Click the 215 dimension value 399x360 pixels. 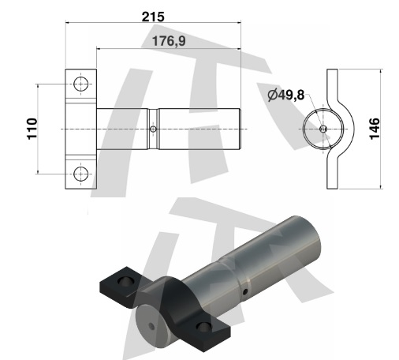click(153, 17)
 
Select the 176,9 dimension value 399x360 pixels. click(169, 41)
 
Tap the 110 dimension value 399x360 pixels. click(32, 129)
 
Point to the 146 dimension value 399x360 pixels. click(375, 129)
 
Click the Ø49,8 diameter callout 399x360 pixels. click(286, 95)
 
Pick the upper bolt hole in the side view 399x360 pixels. click(80, 84)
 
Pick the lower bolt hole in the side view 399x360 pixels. click(80, 174)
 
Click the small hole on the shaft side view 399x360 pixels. click(153, 129)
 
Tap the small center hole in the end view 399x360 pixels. click(323, 129)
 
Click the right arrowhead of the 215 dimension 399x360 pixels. click(239, 23)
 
